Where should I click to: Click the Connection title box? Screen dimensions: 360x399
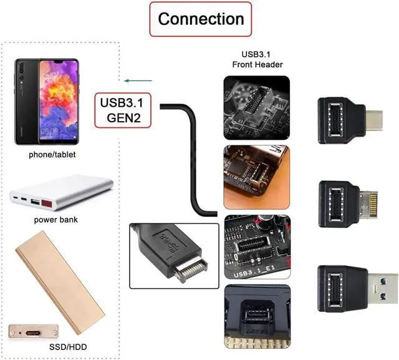click(x=200, y=19)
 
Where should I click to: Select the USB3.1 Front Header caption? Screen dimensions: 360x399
click(x=257, y=59)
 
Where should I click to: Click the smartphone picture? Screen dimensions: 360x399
click(x=47, y=100)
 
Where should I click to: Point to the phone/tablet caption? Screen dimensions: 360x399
click(x=52, y=154)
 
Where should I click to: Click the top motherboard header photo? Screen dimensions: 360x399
click(x=256, y=107)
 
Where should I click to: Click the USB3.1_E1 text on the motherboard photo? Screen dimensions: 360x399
click(x=252, y=274)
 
